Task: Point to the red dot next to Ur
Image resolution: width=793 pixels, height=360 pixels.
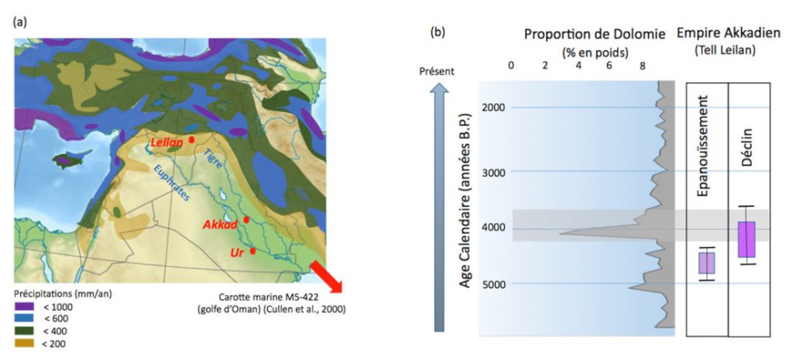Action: pyautogui.click(x=252, y=250)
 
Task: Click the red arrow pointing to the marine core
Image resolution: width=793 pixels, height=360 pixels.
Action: pyautogui.click(x=325, y=278)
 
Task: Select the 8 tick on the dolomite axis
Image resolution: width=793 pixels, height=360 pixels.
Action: pyautogui.click(x=642, y=67)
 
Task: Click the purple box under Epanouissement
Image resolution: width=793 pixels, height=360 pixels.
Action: pyautogui.click(x=706, y=263)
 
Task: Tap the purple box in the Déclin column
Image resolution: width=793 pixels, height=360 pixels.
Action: pyautogui.click(x=747, y=239)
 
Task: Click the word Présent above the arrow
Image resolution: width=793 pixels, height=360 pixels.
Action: pyautogui.click(x=437, y=71)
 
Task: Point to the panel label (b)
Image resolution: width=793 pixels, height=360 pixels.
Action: pyautogui.click(x=439, y=34)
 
